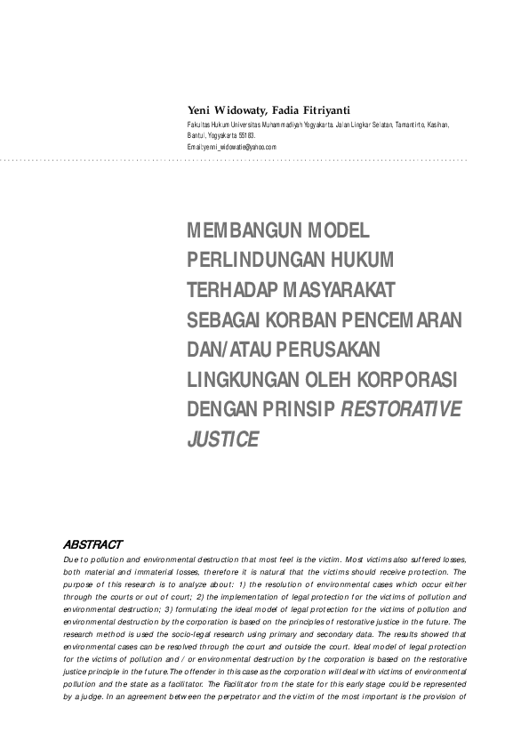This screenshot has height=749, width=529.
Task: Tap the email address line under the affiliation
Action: coord(232,146)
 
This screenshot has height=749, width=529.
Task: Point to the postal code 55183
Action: coord(245,135)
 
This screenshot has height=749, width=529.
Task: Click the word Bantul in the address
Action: coord(196,135)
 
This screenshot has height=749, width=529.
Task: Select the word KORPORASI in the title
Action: coord(413,379)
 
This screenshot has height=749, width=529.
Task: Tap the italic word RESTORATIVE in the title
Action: coord(402,409)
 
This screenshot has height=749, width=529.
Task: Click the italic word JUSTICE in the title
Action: coord(223,439)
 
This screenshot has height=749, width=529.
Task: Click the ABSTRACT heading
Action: coord(92,544)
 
